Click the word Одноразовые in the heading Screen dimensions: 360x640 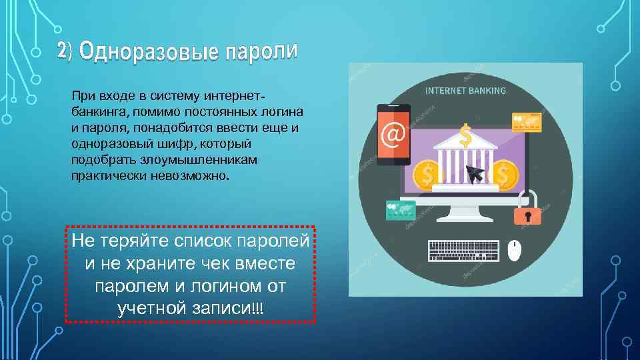pos(147,51)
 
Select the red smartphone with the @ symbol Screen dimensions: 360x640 pos(393,134)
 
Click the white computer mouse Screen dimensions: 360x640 pos(514,251)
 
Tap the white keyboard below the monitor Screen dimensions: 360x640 pos(463,250)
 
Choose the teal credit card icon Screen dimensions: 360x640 pos(400,210)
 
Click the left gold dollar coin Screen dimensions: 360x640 pos(427,175)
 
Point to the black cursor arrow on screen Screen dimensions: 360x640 pos(475,174)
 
